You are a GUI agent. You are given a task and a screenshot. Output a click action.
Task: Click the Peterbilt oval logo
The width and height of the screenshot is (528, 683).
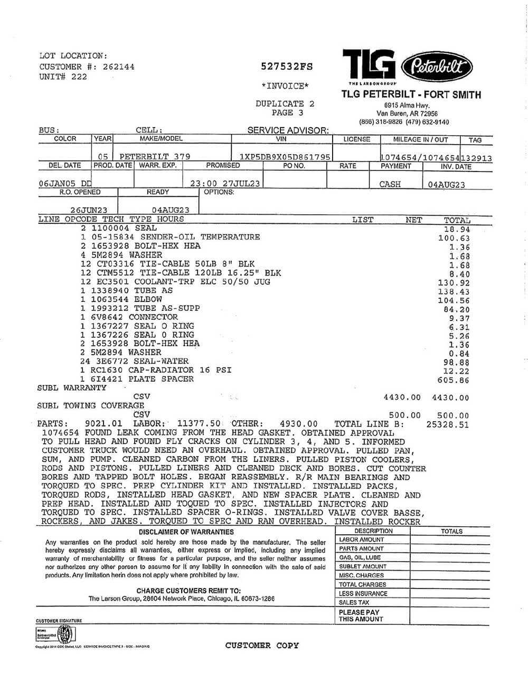pyautogui.click(x=437, y=67)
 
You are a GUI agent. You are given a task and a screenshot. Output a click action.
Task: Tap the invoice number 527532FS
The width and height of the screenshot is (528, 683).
pyautogui.click(x=287, y=67)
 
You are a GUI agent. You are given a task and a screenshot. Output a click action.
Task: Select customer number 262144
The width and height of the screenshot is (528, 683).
pyautogui.click(x=118, y=67)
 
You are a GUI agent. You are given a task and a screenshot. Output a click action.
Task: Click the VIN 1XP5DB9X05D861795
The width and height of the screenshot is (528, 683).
pyautogui.click(x=285, y=157)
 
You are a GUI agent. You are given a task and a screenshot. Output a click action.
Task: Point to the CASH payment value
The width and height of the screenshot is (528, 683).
pyautogui.click(x=390, y=184)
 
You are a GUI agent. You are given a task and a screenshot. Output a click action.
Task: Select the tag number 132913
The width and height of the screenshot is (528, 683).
pyautogui.click(x=476, y=157)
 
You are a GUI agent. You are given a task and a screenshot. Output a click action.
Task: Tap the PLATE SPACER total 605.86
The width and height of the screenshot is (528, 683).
pyautogui.click(x=454, y=380)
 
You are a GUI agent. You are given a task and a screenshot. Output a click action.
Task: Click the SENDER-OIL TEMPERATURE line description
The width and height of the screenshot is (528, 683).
pyautogui.click(x=200, y=237)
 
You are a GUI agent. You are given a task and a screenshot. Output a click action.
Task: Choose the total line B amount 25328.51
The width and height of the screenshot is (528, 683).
pyautogui.click(x=447, y=424)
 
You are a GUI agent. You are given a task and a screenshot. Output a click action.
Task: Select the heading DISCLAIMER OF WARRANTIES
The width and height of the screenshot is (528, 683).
pyautogui.click(x=186, y=532)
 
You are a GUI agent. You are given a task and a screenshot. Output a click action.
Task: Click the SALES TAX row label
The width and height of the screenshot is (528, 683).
pyautogui.click(x=354, y=602)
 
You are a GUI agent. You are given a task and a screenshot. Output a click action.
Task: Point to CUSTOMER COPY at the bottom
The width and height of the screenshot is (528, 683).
pyautogui.click(x=262, y=645)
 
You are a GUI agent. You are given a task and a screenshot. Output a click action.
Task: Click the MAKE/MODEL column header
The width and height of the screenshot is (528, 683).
pyautogui.click(x=161, y=139)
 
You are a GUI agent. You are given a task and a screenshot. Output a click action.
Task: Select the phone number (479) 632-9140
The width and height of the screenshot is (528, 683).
pyautogui.click(x=427, y=122)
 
